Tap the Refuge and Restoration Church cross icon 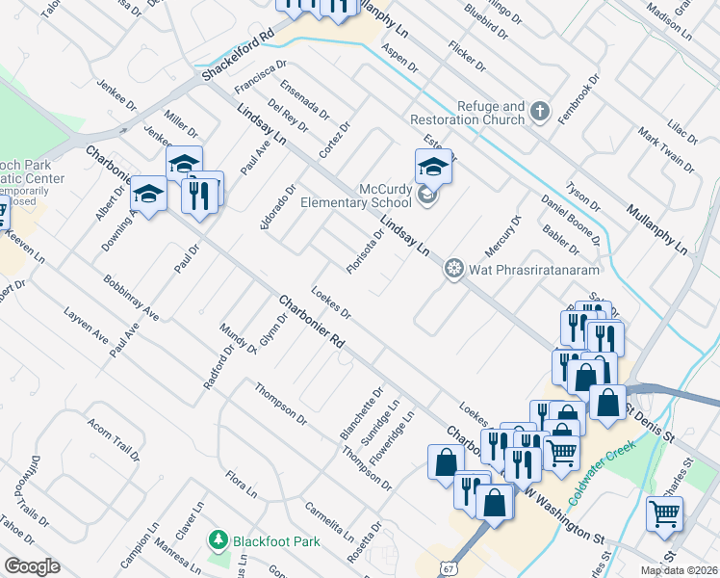pos(539,113)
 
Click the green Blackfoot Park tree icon pos(219,541)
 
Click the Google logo pos(32,566)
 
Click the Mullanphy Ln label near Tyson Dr pos(656,228)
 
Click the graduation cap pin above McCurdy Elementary pos(433,168)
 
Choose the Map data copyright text pos(679,570)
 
